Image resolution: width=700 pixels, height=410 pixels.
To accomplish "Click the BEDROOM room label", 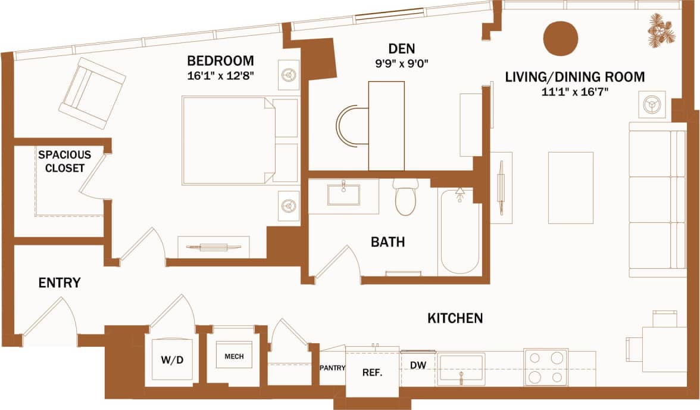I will point(220,61).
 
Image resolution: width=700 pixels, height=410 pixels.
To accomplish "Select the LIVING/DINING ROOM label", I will point(575,77).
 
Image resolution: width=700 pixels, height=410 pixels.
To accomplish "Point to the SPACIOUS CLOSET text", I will point(61,161).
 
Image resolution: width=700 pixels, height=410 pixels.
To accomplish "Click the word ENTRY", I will point(60,283).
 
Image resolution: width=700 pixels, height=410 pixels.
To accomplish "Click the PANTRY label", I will point(332,368).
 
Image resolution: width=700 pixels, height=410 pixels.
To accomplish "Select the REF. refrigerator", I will point(372,373).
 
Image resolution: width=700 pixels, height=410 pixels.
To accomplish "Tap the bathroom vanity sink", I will point(343,194).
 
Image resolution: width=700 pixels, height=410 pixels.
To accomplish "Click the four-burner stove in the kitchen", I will point(545,367).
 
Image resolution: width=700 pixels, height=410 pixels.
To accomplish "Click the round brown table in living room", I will point(560,38).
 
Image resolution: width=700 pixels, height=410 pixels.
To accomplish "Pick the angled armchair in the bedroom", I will point(92,93).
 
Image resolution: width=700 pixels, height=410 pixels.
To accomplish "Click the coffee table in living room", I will point(570,188).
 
